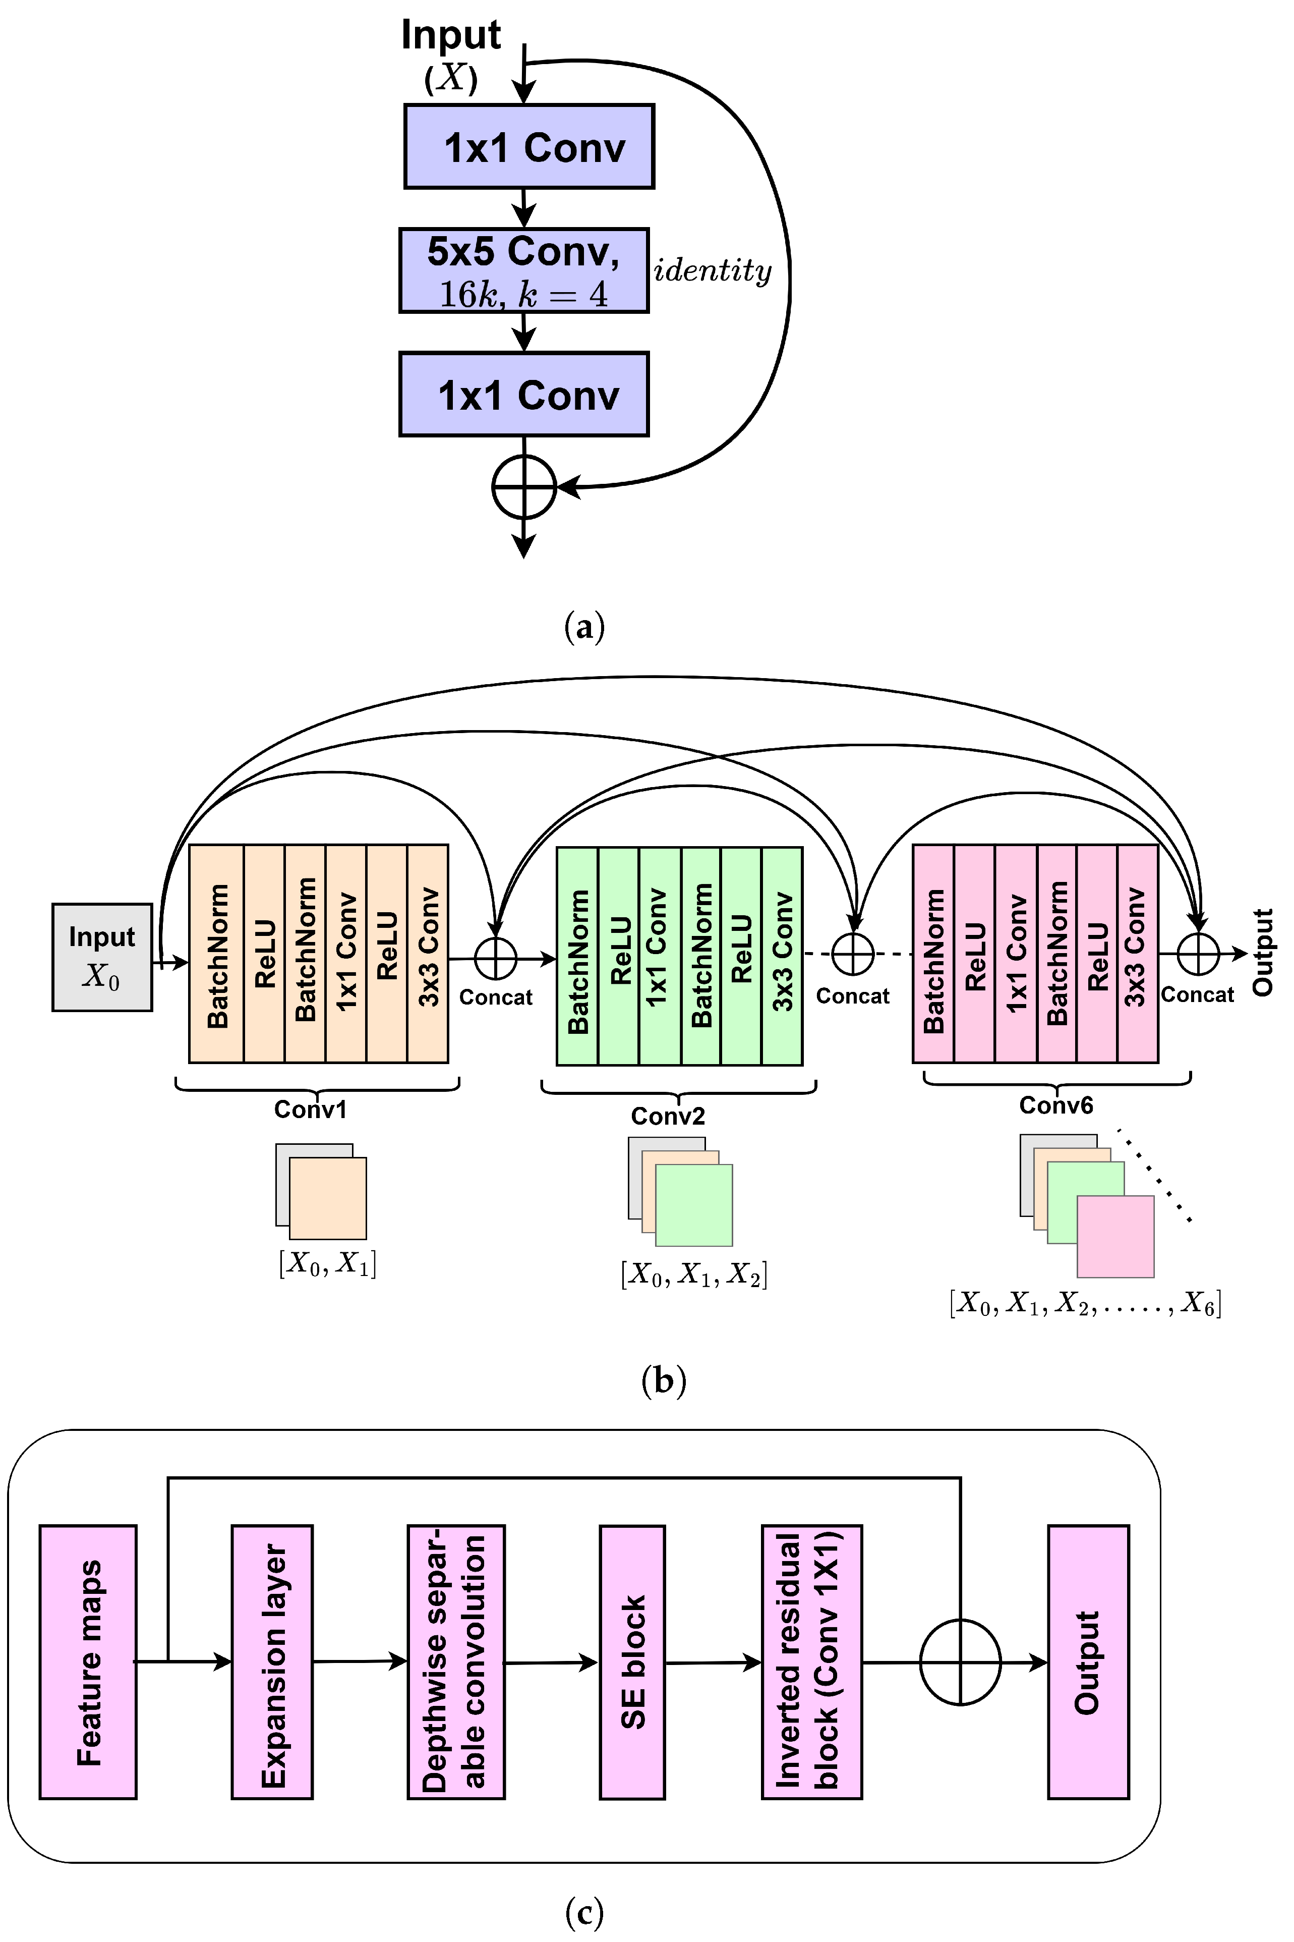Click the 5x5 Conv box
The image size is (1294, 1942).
(x=523, y=270)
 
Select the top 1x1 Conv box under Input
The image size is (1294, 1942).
(x=529, y=146)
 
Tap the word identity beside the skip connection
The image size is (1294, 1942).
(x=712, y=270)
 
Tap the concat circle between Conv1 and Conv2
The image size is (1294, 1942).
(x=495, y=959)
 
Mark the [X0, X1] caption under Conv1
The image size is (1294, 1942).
(x=328, y=1263)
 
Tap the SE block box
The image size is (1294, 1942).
(x=632, y=1662)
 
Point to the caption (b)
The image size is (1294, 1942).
(x=664, y=1380)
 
